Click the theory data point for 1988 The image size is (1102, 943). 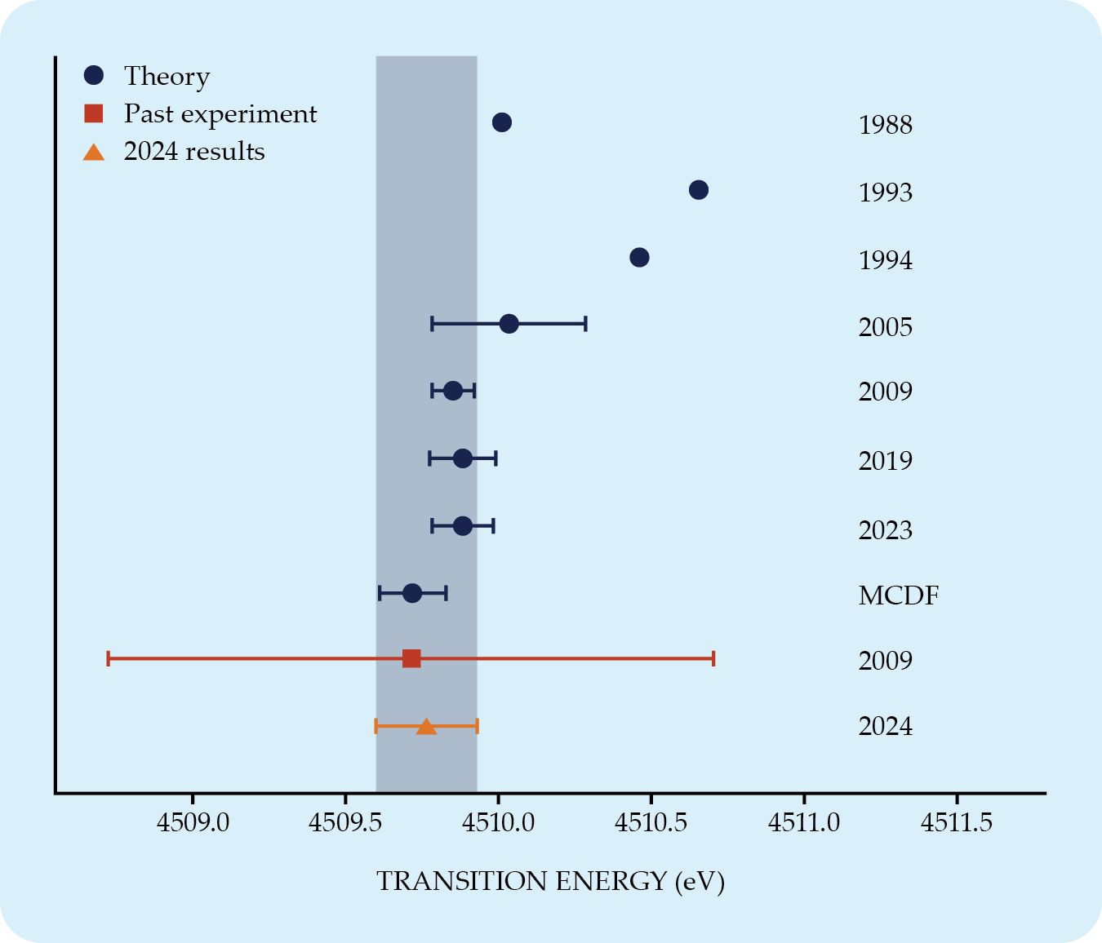pyautogui.click(x=502, y=122)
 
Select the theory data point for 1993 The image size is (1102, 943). pyautogui.click(x=699, y=190)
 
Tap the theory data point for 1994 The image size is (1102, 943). pyautogui.click(x=640, y=258)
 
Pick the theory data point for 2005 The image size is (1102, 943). pyautogui.click(x=509, y=324)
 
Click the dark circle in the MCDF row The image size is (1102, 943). pyautogui.click(x=412, y=593)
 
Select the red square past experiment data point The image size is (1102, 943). pyautogui.click(x=411, y=658)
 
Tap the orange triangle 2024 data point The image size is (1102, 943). pyautogui.click(x=426, y=726)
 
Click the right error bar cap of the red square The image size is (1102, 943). pyautogui.click(x=713, y=658)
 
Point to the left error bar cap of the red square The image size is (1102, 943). pyautogui.click(x=108, y=658)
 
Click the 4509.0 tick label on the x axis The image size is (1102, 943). pyautogui.click(x=193, y=822)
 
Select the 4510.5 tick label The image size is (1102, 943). pyautogui.click(x=651, y=822)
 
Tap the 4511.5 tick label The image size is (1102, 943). pyautogui.click(x=957, y=822)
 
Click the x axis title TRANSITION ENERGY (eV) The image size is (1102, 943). pyautogui.click(x=550, y=882)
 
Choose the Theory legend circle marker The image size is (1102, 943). pyautogui.click(x=94, y=75)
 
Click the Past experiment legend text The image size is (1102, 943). pyautogui.click(x=220, y=113)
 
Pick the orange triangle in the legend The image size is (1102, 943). pyautogui.click(x=94, y=152)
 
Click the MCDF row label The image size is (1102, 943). pyautogui.click(x=899, y=595)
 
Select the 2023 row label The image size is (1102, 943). pyautogui.click(x=886, y=530)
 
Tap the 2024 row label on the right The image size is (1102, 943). pyautogui.click(x=886, y=726)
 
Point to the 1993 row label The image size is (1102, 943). pyautogui.click(x=886, y=193)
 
